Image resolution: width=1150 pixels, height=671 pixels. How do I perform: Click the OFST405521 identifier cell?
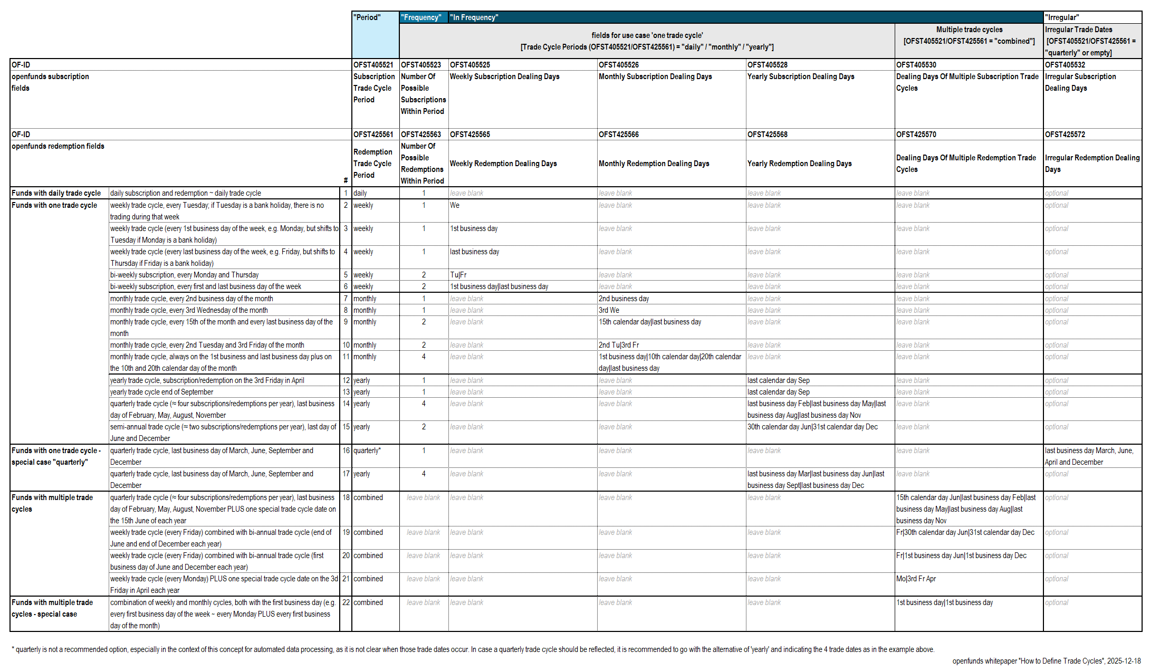[373, 65]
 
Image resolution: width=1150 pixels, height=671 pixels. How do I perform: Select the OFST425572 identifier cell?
[1065, 135]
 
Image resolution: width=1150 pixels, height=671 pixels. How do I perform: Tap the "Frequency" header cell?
[421, 17]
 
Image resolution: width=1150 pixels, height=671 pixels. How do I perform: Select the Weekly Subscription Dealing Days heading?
[504, 76]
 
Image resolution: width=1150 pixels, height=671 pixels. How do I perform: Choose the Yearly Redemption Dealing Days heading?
[799, 164]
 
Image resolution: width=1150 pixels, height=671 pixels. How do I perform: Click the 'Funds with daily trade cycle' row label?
[56, 193]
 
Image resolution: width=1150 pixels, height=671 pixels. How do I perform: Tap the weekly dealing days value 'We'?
[455, 205]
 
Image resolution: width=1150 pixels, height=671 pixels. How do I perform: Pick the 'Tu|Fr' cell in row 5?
[458, 275]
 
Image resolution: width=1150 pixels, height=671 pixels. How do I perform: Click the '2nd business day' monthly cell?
[624, 299]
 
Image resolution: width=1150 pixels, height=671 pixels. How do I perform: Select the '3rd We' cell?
[609, 310]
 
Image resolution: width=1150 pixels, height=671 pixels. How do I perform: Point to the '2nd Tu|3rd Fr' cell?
[618, 345]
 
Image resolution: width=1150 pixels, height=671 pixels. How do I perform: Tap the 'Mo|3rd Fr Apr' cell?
[916, 579]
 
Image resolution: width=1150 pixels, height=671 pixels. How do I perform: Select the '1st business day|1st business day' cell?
[944, 602]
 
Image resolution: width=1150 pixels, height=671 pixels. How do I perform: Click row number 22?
[346, 602]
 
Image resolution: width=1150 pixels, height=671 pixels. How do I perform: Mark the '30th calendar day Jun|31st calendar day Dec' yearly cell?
[812, 427]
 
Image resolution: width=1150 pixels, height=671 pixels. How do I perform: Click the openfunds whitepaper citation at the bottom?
[1046, 661]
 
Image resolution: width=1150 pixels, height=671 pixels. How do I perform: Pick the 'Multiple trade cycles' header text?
[969, 30]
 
